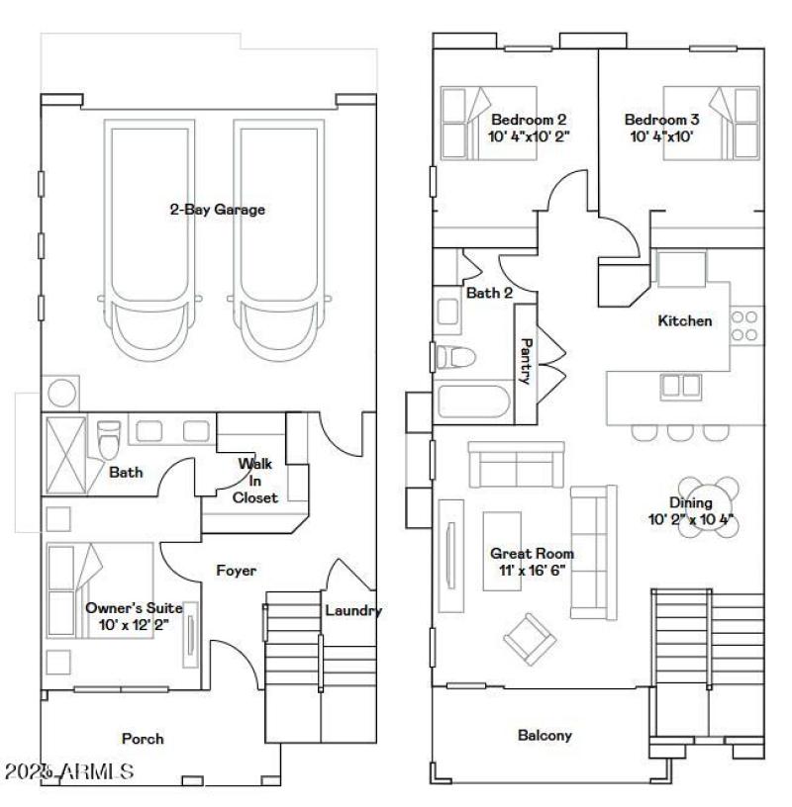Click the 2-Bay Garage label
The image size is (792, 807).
tap(216, 210)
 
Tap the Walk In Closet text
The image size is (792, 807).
tap(254, 481)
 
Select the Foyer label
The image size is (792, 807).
tap(236, 571)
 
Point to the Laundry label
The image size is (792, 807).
tap(353, 610)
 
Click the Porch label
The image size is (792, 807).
tap(143, 739)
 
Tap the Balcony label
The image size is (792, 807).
tap(544, 735)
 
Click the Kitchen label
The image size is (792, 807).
tap(685, 320)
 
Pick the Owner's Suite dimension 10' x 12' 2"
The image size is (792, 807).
tap(134, 626)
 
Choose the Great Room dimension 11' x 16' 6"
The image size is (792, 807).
tap(532, 572)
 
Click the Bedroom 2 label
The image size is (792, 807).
tap(529, 120)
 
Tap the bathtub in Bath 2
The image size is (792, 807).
tap(472, 402)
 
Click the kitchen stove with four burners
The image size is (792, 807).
tap(744, 325)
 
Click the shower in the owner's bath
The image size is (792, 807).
tap(67, 452)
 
